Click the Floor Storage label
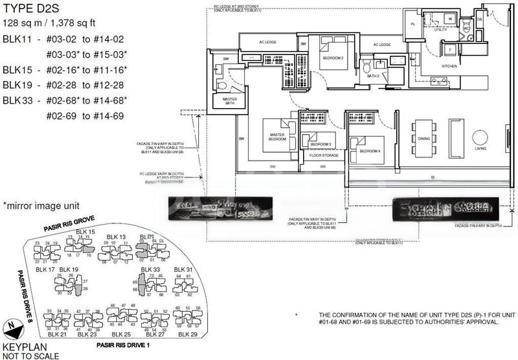(x=319, y=156)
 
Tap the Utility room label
(x=440, y=30)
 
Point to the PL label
(x=414, y=24)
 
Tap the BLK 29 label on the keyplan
(x=185, y=334)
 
